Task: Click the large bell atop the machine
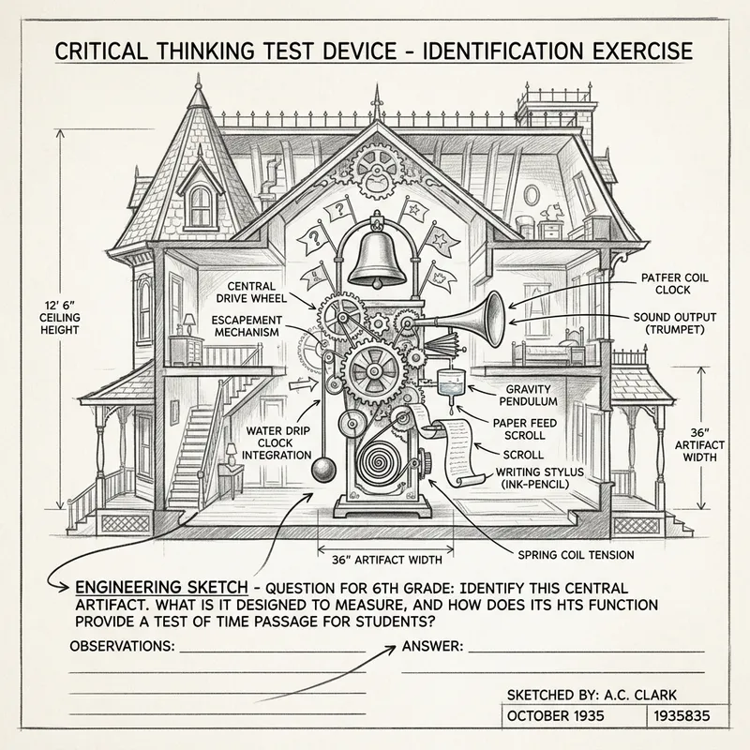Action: pos(379,255)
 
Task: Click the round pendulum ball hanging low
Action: pos(323,469)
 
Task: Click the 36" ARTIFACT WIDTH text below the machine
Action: pos(388,560)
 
